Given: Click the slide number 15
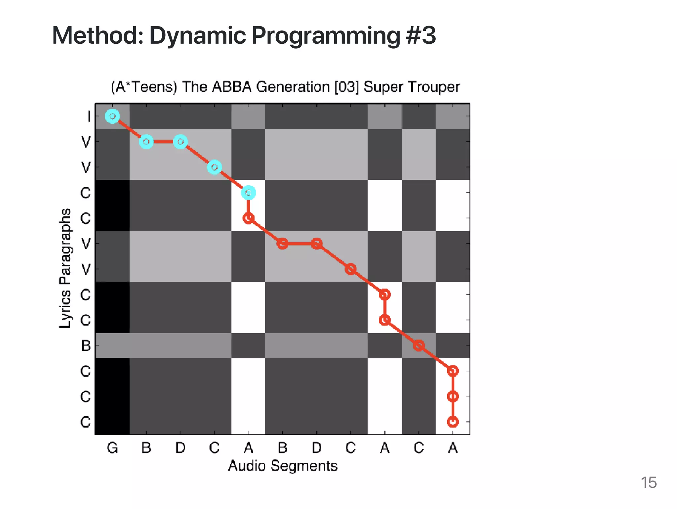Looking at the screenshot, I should (x=648, y=483).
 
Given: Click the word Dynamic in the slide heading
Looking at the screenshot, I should (x=197, y=36).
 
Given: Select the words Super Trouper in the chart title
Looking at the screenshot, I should (x=412, y=87).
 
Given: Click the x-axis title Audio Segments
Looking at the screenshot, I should (x=283, y=466).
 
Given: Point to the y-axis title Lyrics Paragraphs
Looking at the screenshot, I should (x=65, y=268).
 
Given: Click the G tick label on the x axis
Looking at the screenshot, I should (x=112, y=448).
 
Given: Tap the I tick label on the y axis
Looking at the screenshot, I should (x=89, y=116).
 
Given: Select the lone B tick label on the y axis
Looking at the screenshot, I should (x=86, y=346).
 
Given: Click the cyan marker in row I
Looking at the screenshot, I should (x=112, y=116).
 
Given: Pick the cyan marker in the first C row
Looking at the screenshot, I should (x=248, y=193).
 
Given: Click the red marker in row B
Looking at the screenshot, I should (x=419, y=346).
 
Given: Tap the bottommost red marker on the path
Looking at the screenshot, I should (x=453, y=422).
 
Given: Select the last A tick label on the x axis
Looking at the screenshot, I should (x=453, y=448).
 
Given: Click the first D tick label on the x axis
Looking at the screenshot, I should (x=180, y=448).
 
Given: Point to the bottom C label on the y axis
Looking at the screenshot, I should (x=86, y=422).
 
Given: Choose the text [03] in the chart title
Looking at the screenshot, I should (x=346, y=87).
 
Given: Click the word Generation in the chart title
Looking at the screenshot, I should (x=293, y=87).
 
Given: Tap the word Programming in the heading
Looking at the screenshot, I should (x=326, y=36).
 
